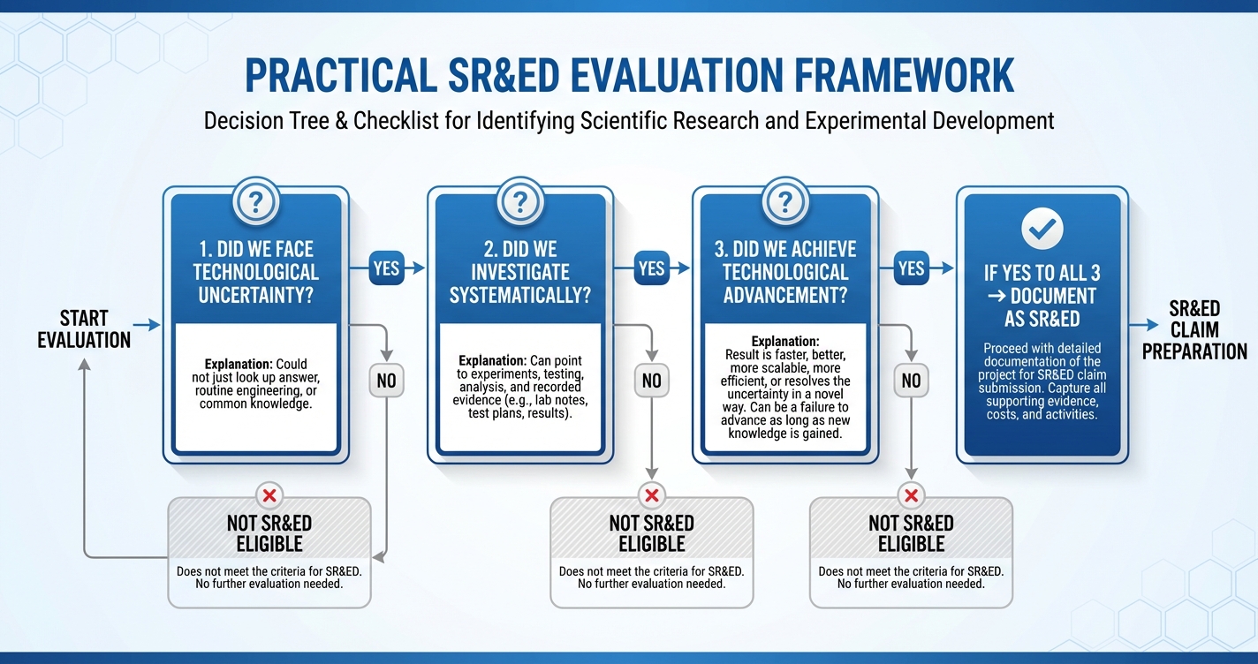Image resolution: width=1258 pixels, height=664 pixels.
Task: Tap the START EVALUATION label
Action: tap(84, 328)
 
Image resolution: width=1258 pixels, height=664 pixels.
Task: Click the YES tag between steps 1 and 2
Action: tap(386, 268)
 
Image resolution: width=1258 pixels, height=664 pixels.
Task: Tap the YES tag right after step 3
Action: tap(911, 268)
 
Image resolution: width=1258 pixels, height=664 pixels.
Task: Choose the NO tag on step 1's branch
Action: tap(386, 381)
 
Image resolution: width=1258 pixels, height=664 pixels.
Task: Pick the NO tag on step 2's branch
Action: tap(651, 381)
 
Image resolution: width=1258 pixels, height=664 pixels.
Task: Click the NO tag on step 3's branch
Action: tap(911, 381)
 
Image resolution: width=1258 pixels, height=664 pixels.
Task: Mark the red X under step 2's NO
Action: tap(652, 495)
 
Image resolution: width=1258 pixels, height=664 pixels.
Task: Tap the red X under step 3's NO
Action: tap(911, 495)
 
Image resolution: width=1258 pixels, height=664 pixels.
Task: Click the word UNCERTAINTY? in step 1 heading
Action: tap(256, 295)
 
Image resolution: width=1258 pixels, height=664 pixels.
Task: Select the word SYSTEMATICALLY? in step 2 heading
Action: tap(520, 295)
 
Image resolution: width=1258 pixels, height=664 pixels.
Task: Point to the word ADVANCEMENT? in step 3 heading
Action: tap(784, 295)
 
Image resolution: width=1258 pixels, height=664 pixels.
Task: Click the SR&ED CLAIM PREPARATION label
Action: tap(1194, 329)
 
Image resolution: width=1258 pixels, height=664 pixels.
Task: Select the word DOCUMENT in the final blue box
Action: tap(1051, 296)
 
